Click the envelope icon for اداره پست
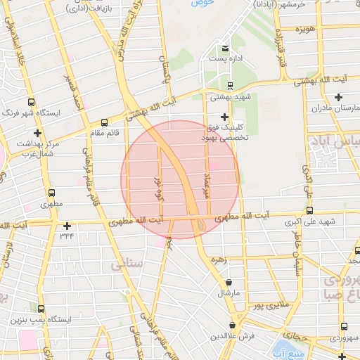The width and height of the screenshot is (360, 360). point(225,48)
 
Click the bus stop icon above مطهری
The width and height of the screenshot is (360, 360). point(51,193)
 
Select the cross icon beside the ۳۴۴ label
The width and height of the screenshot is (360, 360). point(67,226)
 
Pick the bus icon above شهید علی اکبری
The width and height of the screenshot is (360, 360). point(309,210)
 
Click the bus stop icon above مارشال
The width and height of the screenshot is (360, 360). point(228,281)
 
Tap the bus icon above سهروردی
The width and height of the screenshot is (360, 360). point(343,326)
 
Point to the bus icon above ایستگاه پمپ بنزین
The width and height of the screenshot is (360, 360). point(41,309)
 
